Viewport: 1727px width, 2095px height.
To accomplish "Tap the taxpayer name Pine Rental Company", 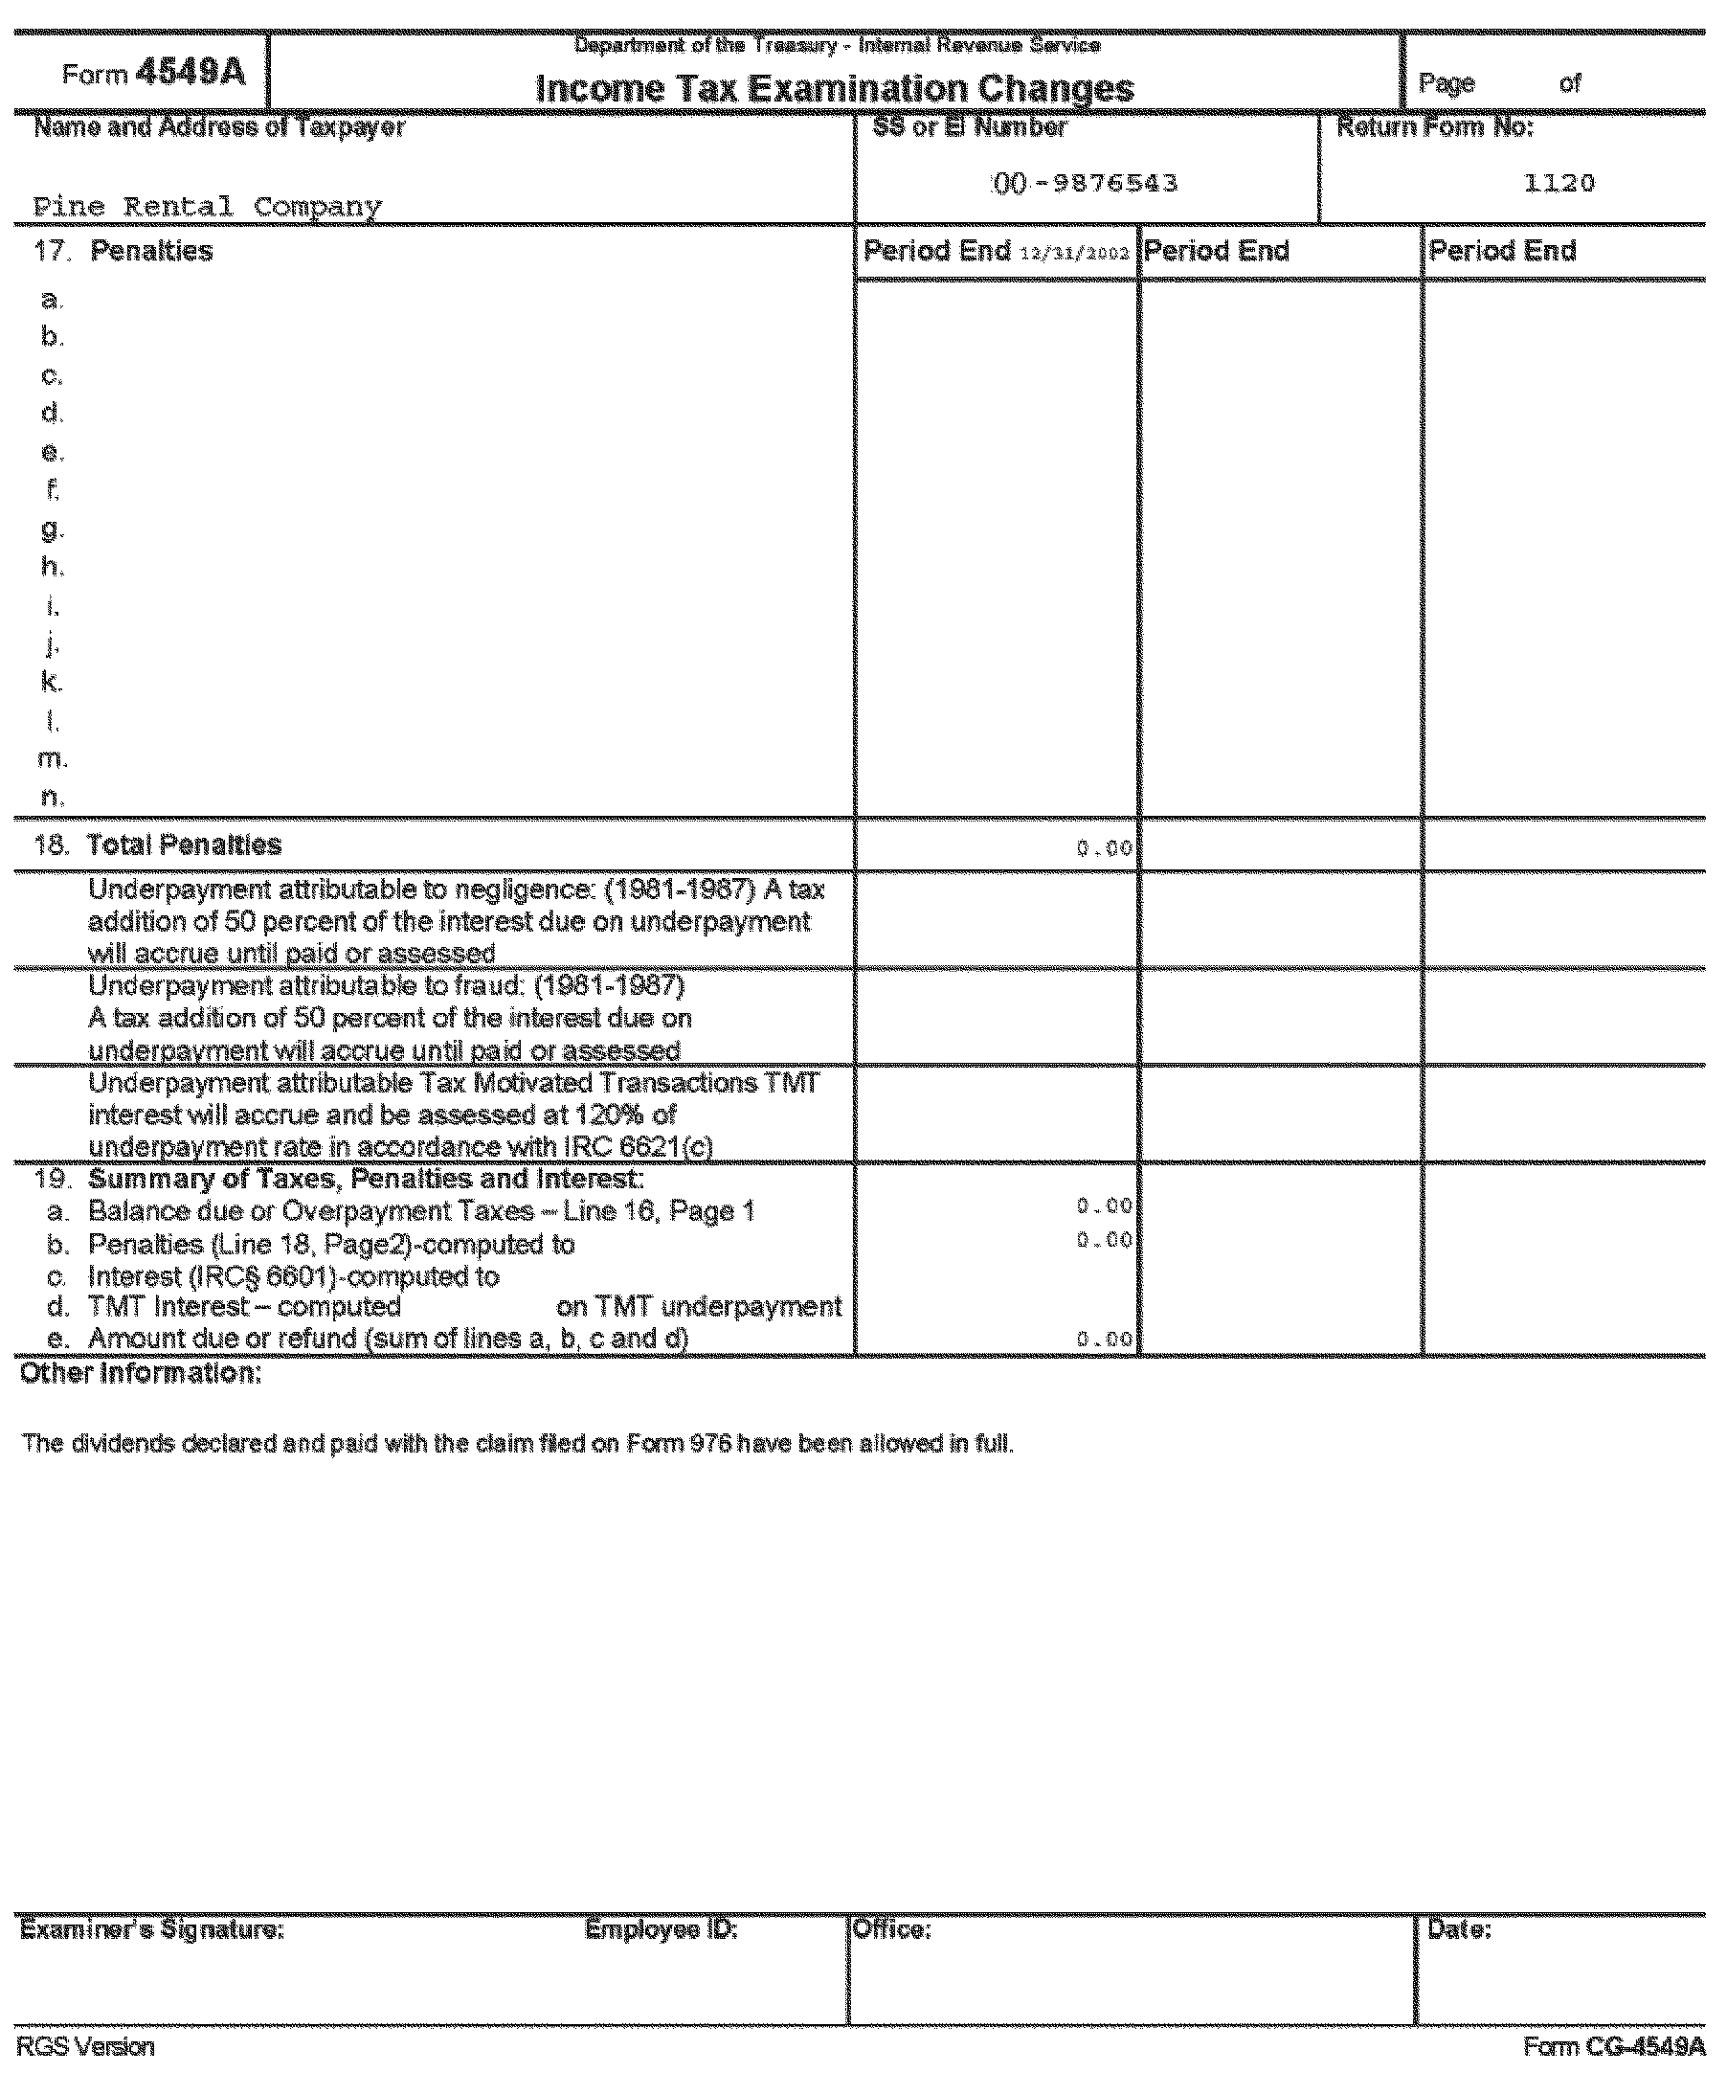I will point(207,207).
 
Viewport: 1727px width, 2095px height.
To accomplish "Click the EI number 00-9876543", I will point(1086,184).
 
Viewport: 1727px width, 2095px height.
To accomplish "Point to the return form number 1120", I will point(1559,183).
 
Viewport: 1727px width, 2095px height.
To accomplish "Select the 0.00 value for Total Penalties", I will point(1104,848).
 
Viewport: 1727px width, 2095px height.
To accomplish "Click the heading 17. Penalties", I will point(123,251).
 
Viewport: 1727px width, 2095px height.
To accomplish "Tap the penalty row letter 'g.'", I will point(52,529).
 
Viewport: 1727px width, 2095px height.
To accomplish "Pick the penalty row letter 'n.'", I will point(52,797).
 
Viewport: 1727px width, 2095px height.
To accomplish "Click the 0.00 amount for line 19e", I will point(1104,1340).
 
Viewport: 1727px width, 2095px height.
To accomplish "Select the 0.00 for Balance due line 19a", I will point(1104,1206).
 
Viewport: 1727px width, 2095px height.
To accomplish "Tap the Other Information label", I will point(142,1373).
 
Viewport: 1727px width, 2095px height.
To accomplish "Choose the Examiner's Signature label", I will point(152,1930).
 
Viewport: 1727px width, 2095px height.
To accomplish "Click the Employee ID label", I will point(661,1930).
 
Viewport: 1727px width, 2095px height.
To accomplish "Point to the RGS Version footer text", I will point(85,2046).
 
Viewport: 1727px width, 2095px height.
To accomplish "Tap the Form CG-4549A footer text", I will point(1614,2046).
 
